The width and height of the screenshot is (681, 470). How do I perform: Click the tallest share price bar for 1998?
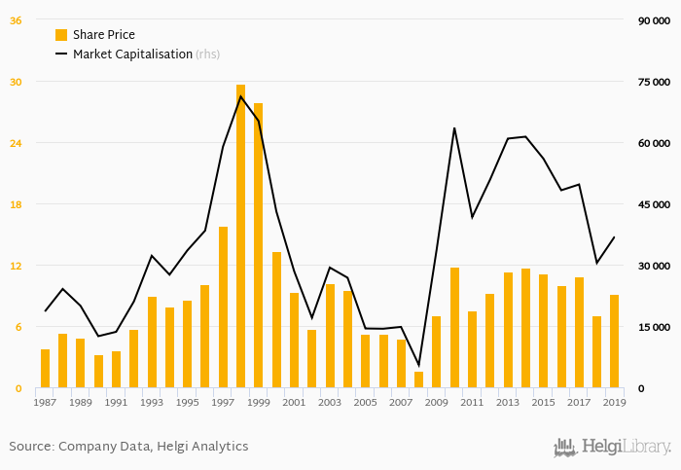(x=240, y=236)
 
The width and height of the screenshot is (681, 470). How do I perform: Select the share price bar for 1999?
(x=258, y=245)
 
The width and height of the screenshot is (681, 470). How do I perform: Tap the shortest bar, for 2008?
(x=418, y=380)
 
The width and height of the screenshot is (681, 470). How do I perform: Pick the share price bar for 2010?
(x=454, y=328)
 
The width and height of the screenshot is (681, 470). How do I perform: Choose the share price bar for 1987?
(x=45, y=369)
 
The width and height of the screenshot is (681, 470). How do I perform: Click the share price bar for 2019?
(x=614, y=342)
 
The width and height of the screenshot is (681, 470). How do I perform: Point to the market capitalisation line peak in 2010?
(x=454, y=127)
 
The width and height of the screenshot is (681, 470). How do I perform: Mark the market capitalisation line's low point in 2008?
(x=418, y=366)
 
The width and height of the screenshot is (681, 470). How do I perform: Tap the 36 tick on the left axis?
(x=16, y=20)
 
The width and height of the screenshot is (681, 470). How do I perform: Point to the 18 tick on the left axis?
(x=16, y=204)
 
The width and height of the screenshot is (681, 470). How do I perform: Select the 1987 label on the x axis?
(x=45, y=402)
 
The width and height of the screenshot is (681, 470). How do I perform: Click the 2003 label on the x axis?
(x=330, y=402)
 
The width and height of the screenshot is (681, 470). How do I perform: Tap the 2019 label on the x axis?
(x=614, y=402)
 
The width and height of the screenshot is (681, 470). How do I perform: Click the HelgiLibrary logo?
(x=612, y=447)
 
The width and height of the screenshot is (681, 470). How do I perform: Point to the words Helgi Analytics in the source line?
(x=205, y=447)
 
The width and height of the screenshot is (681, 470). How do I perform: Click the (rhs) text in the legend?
(x=208, y=54)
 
